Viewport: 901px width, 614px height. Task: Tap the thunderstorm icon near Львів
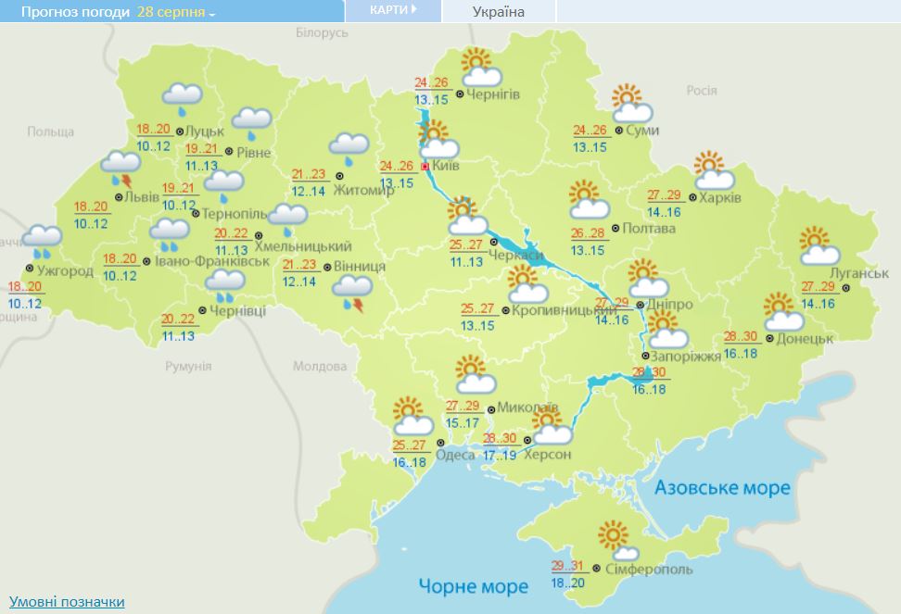pos(120,168)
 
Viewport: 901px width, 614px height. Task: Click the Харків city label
pos(720,197)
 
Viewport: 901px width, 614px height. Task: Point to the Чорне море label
pos(473,585)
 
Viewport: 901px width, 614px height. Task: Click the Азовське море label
pos(722,487)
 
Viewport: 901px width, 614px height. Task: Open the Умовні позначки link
pos(67,602)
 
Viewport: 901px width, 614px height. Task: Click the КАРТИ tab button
pos(392,10)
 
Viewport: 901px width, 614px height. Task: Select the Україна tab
pos(499,12)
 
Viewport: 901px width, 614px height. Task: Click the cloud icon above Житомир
pos(349,144)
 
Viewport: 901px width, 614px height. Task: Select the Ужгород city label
pos(66,270)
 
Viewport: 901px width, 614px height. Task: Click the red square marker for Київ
pos(425,167)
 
